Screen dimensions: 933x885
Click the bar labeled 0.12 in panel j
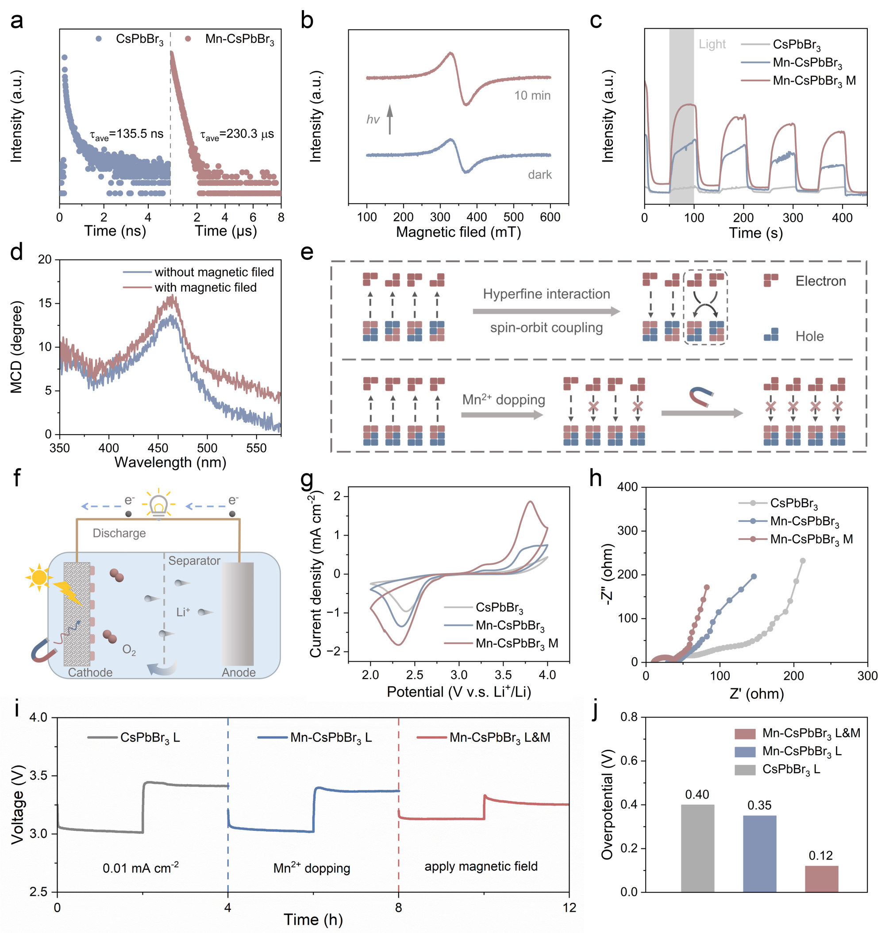pyautogui.click(x=821, y=878)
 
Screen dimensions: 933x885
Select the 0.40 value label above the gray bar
pyautogui.click(x=697, y=795)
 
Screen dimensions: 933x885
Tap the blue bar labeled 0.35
pyautogui.click(x=759, y=853)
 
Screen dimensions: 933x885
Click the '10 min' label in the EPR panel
pyautogui.click(x=532, y=96)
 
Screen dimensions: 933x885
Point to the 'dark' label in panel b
pyautogui.click(x=540, y=175)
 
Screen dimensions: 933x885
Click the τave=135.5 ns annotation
pyautogui.click(x=127, y=135)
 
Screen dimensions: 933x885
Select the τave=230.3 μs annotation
pyautogui.click(x=237, y=135)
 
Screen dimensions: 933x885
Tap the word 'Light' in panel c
pyautogui.click(x=712, y=44)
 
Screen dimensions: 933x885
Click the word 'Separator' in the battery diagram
pyautogui.click(x=194, y=561)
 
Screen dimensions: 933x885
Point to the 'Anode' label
pyautogui.click(x=239, y=672)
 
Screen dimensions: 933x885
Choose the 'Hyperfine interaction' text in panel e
pyautogui.click(x=546, y=294)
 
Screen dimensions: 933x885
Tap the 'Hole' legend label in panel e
pyautogui.click(x=809, y=336)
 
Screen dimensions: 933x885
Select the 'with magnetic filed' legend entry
pyautogui.click(x=206, y=287)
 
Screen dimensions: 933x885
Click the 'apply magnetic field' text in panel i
pyautogui.click(x=481, y=867)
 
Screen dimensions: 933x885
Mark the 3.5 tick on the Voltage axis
pyautogui.click(x=40, y=776)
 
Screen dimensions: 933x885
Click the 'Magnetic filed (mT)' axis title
pyautogui.click(x=458, y=232)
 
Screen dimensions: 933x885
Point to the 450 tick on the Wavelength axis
pyautogui.click(x=158, y=448)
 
